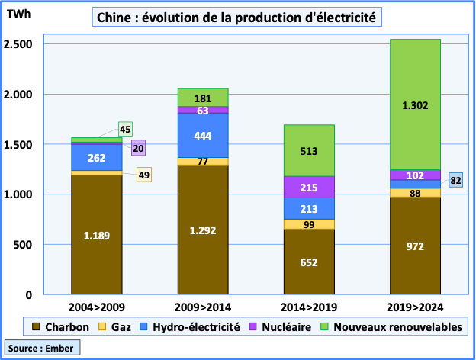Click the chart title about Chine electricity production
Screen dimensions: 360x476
coord(236,18)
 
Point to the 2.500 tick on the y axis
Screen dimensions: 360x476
coord(16,44)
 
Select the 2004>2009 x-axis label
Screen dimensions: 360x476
coord(97,307)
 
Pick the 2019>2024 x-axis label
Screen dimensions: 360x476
coord(415,307)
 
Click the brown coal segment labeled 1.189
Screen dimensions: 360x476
coord(97,235)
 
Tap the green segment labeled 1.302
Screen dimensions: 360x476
coord(415,104)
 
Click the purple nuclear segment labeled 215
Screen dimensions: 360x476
coord(309,187)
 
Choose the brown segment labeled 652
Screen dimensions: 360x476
coord(309,262)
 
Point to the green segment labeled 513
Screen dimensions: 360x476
coord(309,151)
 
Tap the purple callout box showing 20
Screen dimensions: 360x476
coord(139,149)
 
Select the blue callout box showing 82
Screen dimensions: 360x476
coord(456,181)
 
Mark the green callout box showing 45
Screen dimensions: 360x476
coord(126,129)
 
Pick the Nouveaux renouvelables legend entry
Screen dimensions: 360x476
coord(394,326)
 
